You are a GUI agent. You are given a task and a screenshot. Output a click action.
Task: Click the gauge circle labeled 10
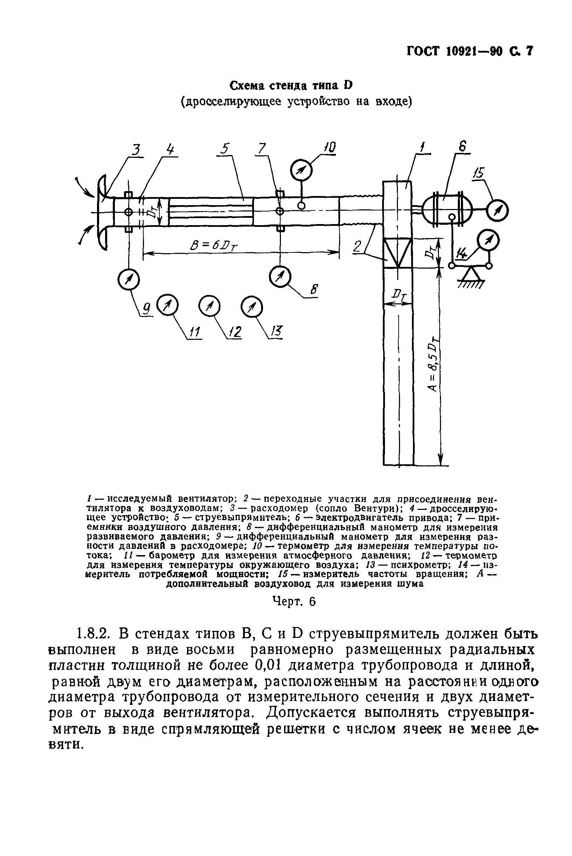tap(301, 170)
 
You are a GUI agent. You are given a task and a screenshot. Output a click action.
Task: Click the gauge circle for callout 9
tap(129, 279)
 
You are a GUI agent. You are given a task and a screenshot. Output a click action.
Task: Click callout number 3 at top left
tap(136, 150)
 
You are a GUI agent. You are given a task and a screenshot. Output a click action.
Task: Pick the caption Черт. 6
tap(294, 601)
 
